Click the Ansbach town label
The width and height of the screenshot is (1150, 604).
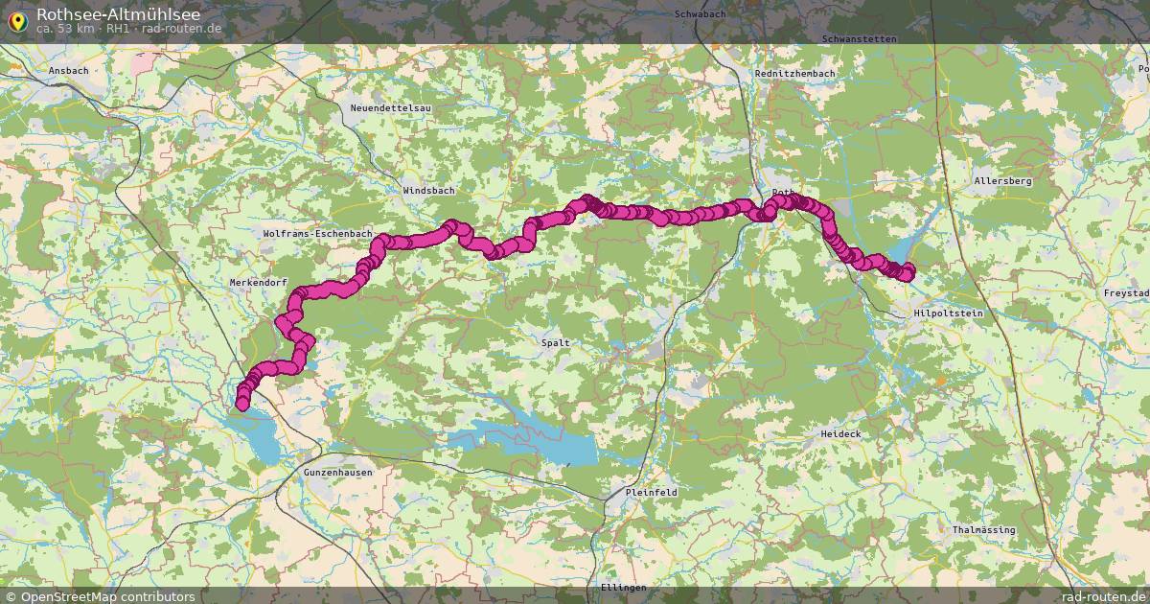69,71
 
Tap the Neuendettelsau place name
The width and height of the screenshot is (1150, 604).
391,108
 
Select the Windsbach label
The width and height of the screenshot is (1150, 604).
428,191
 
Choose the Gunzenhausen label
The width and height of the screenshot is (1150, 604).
337,473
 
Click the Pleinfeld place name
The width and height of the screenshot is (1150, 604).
651,492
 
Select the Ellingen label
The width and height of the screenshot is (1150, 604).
624,587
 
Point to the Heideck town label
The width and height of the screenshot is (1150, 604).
840,434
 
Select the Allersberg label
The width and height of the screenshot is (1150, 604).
1002,180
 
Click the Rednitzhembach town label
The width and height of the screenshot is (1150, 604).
794,74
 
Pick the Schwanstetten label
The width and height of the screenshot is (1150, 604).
860,39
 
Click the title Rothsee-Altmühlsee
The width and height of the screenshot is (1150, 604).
118,13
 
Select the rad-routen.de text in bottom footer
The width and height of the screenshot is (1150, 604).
1105,596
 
